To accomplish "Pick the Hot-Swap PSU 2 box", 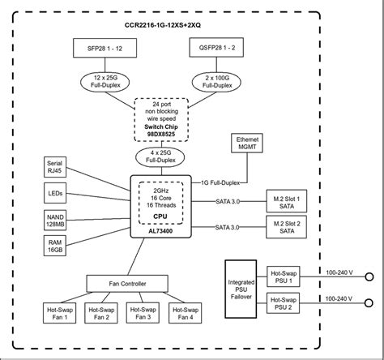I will tap(282, 305).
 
